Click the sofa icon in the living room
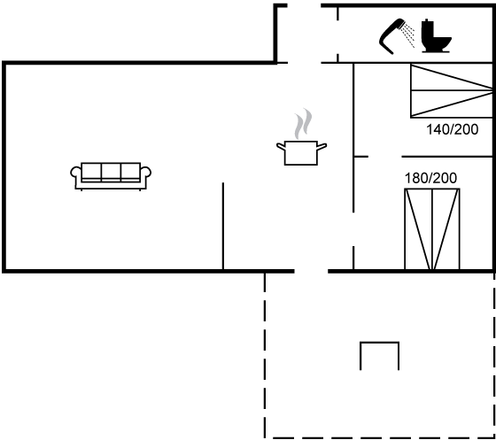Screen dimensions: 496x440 click(111, 176)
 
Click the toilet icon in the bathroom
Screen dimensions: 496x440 click(436, 35)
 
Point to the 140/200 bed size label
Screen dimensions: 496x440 click(453, 129)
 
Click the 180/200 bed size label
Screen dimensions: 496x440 click(430, 178)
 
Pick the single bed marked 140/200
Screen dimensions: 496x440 click(452, 91)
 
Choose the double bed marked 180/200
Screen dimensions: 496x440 click(432, 229)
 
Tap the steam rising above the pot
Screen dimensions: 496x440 click(303, 124)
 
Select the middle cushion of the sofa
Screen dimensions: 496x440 click(111, 172)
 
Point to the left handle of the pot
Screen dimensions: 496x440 click(281, 146)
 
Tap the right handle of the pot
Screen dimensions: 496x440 click(322, 146)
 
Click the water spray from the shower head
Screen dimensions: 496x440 click(408, 35)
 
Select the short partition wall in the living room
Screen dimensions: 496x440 click(223, 227)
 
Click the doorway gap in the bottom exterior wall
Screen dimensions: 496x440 click(311, 271)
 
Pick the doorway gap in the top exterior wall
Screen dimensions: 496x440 click(305, 5)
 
